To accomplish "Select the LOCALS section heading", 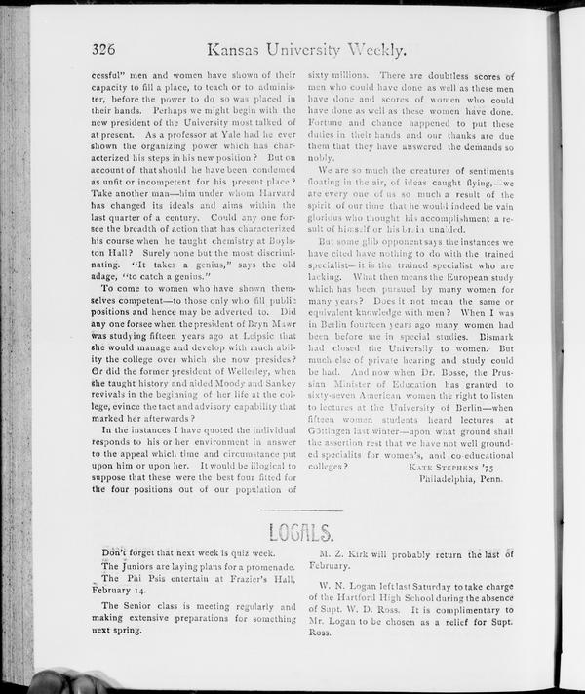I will click(306, 532).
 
